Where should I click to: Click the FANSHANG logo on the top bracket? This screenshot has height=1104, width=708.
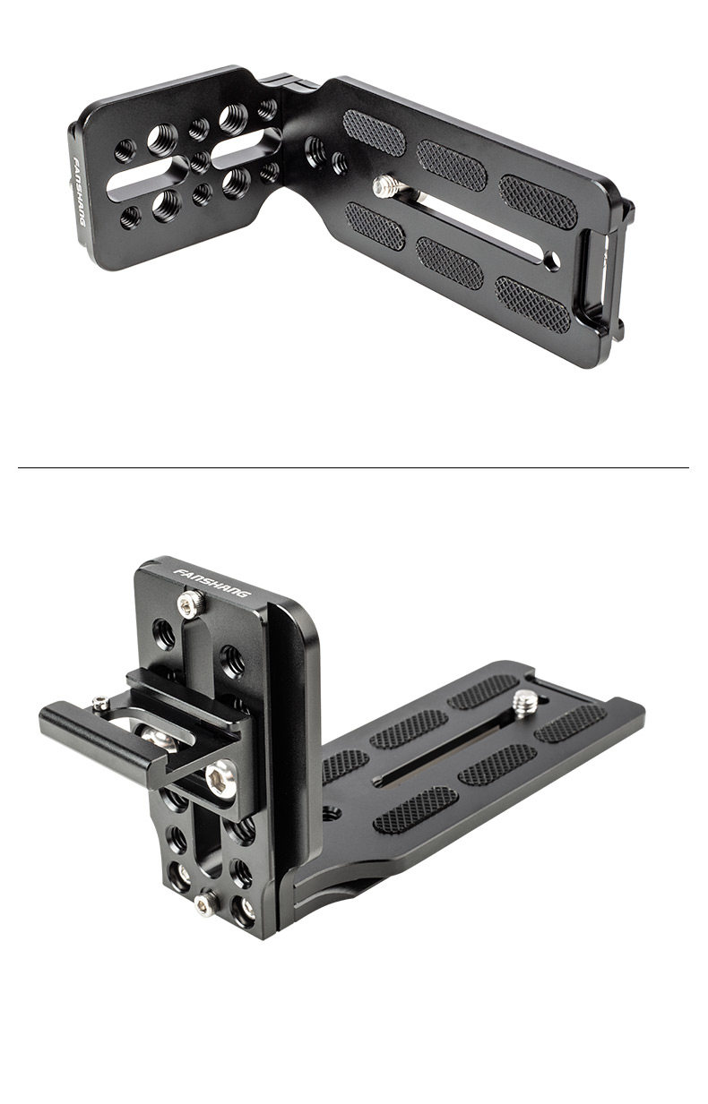pyautogui.click(x=80, y=193)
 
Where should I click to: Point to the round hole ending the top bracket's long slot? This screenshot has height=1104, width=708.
pyautogui.click(x=553, y=259)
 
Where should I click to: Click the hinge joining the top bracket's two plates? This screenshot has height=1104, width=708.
pyautogui.click(x=286, y=84)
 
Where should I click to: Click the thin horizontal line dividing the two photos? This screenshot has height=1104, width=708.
pyautogui.click(x=353, y=467)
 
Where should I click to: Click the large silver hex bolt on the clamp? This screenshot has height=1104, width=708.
pyautogui.click(x=220, y=778)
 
